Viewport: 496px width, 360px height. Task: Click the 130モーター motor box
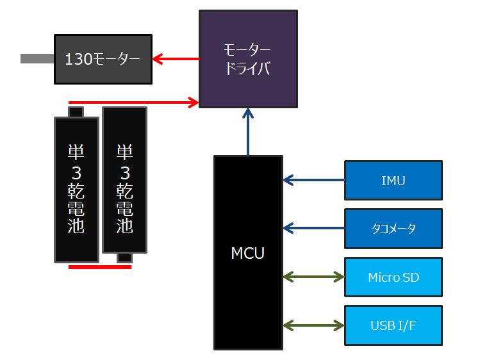(103, 59)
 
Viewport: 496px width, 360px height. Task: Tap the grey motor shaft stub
(37, 59)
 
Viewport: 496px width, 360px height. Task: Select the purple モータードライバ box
(248, 58)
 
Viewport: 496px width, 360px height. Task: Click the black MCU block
(248, 252)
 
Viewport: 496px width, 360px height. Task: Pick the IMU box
(393, 181)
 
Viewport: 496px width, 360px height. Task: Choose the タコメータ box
(393, 228)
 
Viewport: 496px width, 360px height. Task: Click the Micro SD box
(393, 277)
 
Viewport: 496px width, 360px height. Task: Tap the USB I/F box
(393, 325)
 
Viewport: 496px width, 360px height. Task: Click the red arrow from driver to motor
(176, 60)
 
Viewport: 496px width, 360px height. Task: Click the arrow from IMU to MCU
(313, 181)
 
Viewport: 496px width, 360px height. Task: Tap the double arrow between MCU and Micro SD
(313, 277)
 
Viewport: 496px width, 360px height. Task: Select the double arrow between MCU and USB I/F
(313, 325)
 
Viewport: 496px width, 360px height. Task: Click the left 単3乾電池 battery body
(76, 190)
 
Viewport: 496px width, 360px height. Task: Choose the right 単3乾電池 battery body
(124, 180)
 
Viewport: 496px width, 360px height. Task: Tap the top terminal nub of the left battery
(76, 112)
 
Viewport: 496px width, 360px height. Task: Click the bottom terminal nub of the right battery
(124, 258)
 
